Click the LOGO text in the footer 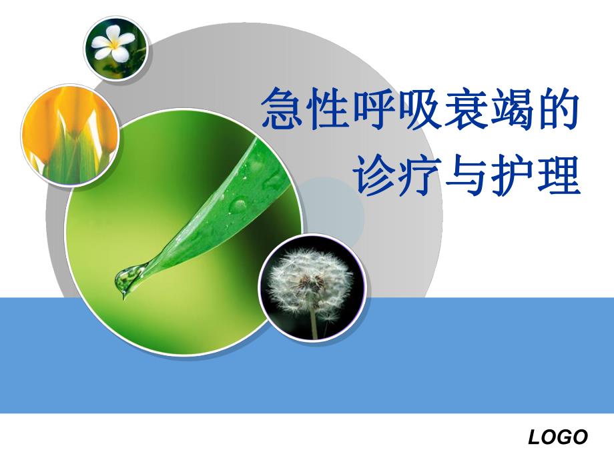tap(558, 437)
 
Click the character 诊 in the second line tap(377, 175)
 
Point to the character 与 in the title tap(468, 175)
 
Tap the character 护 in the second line tap(513, 175)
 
